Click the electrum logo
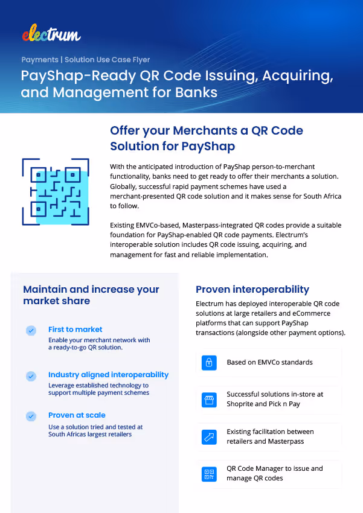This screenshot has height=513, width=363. coord(51,34)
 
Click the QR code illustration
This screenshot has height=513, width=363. coord(55,192)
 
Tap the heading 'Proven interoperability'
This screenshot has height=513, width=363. coord(252,290)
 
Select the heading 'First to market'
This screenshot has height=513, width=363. coord(75,330)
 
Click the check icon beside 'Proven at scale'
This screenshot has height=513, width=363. coord(31,416)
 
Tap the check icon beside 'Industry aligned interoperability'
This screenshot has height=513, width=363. coord(31,375)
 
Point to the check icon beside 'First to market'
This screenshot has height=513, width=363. coord(31,330)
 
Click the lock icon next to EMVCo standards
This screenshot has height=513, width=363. coord(209,363)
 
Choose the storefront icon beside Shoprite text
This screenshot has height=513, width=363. coord(209,400)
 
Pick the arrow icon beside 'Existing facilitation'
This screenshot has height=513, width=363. coord(209,436)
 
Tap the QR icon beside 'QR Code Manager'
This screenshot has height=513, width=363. coord(209,474)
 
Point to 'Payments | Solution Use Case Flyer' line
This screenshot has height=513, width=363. coord(86,60)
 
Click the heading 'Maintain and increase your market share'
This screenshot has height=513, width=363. coord(91,295)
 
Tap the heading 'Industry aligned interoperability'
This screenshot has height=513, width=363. coord(109,375)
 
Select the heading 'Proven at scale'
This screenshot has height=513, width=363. coord(77,415)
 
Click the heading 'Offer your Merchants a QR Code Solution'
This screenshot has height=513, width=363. coord(207,138)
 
